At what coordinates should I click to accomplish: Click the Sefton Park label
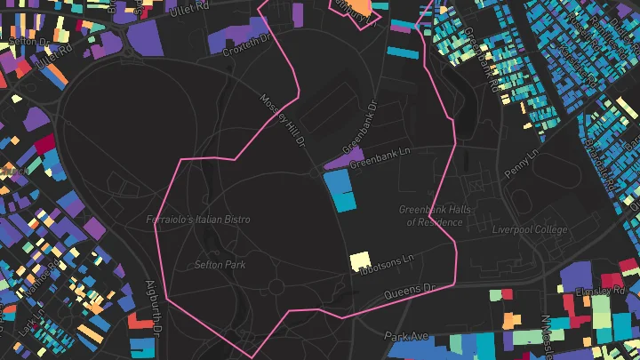point(220,264)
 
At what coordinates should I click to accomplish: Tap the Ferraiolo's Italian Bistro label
point(198,219)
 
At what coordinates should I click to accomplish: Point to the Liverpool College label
point(529,230)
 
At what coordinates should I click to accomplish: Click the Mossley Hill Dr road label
point(283,120)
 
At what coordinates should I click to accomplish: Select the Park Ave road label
point(406,337)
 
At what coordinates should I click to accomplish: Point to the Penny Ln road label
point(520,163)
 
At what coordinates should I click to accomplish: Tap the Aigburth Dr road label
point(151,308)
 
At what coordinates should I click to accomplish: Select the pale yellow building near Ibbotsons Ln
point(360,260)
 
